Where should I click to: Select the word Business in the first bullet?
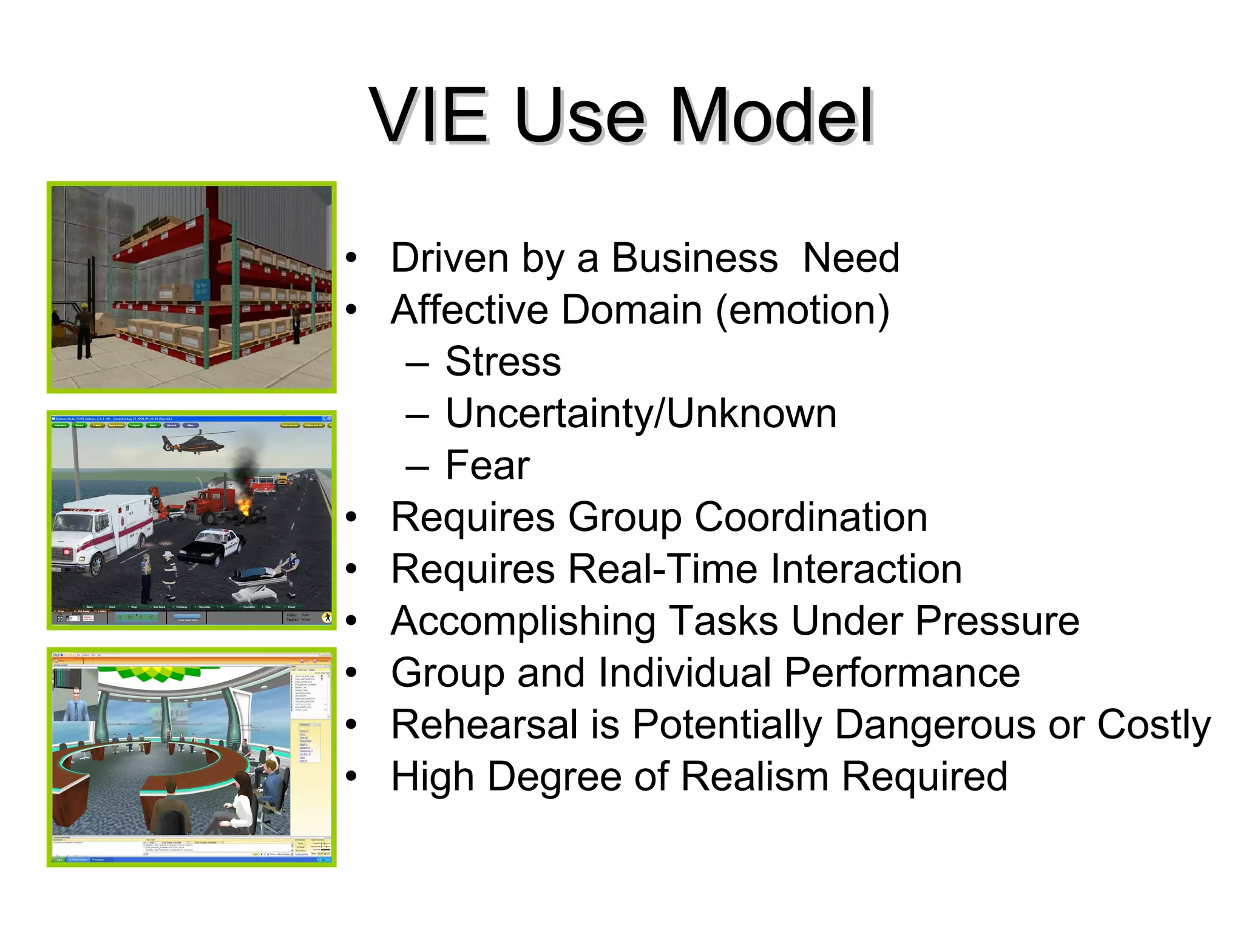pyautogui.click(x=694, y=258)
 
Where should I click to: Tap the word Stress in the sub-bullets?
pyautogui.click(x=503, y=362)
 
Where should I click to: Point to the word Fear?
pyautogui.click(x=487, y=465)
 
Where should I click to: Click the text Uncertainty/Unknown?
pyautogui.click(x=641, y=414)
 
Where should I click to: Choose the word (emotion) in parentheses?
pyautogui.click(x=802, y=311)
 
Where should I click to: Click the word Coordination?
pyautogui.click(x=811, y=518)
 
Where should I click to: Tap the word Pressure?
pyautogui.click(x=997, y=621)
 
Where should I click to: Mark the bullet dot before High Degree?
pyautogui.click(x=351, y=777)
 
